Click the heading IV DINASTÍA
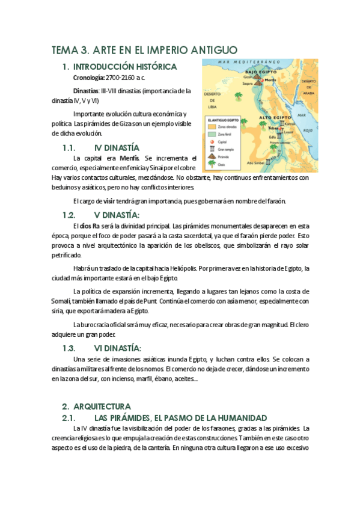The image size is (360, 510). coord(117,147)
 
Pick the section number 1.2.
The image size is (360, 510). coord(69,215)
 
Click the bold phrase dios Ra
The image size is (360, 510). coord(86,226)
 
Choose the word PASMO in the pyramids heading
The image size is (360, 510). coord(195,417)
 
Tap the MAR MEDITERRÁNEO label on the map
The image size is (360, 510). coord(251,63)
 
